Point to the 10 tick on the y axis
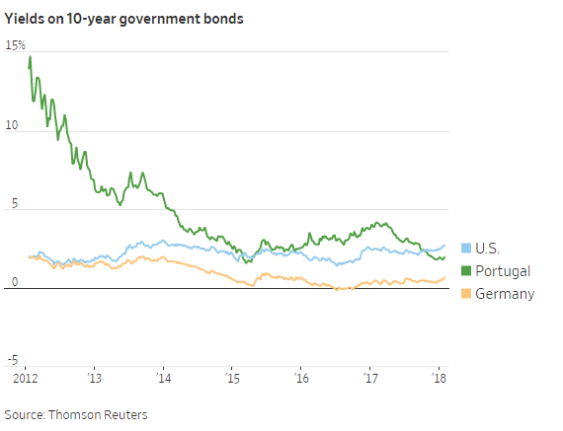11,126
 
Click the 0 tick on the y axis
12,283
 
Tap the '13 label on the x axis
95,378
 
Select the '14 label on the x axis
163,378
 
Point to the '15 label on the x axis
232,378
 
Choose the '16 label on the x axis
300,378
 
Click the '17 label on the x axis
369,378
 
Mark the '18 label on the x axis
438,378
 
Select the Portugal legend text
503,270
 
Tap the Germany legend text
505,293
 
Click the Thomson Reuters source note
76,414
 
